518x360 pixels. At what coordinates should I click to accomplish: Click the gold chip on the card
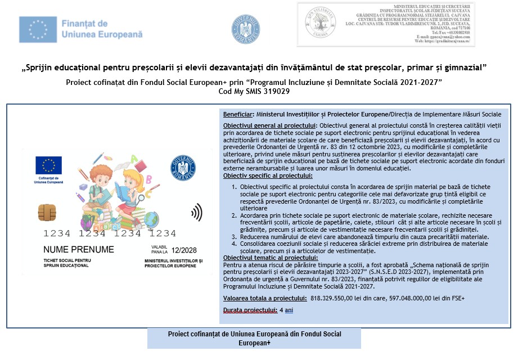46,212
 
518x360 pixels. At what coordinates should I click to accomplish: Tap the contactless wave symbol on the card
197,212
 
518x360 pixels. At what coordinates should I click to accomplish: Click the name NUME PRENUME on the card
79,249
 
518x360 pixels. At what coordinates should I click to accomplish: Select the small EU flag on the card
48,165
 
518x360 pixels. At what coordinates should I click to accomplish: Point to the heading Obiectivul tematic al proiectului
266,257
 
